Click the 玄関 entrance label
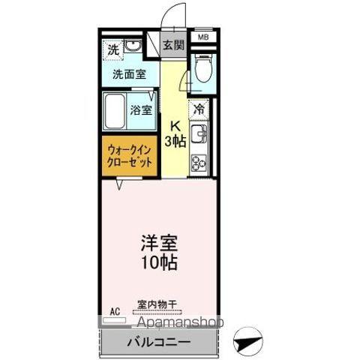pyautogui.click(x=173, y=45)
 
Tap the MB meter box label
pyautogui.click(x=202, y=37)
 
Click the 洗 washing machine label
pyautogui.click(x=112, y=50)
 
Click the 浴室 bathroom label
pyautogui.click(x=140, y=109)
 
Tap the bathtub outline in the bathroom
pyautogui.click(x=115, y=110)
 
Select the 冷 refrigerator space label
pyautogui.click(x=199, y=108)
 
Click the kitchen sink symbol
pyautogui.click(x=199, y=135)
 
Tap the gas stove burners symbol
pyautogui.click(x=199, y=160)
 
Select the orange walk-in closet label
pyautogui.click(x=129, y=154)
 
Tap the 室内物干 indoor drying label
pyautogui.click(x=157, y=304)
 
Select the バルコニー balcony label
pyautogui.click(x=157, y=342)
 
